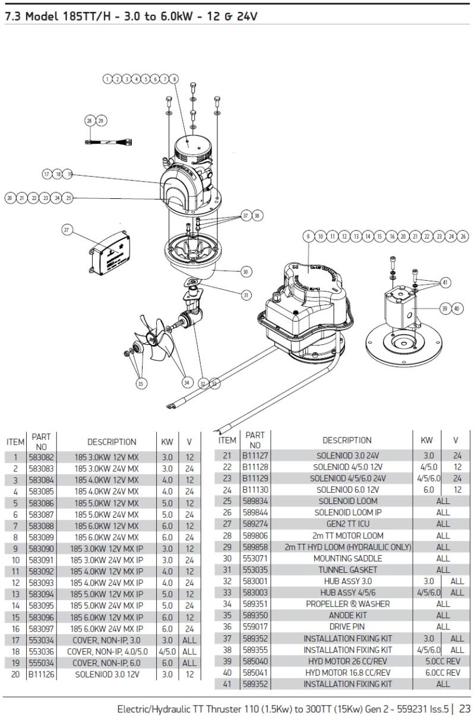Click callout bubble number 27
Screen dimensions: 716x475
coord(66,229)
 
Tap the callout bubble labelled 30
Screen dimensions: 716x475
coord(246,271)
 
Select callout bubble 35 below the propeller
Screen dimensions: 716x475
coord(141,384)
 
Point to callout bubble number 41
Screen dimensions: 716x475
coord(446,283)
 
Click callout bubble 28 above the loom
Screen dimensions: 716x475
coord(90,121)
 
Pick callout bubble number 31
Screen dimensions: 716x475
coord(246,294)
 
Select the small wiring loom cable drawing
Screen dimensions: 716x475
coord(109,142)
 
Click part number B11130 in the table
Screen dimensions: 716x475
coord(255,490)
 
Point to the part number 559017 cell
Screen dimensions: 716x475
coord(255,626)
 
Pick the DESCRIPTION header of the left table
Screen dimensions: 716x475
coord(112,442)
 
